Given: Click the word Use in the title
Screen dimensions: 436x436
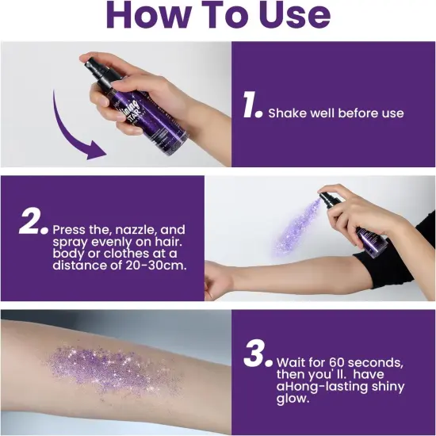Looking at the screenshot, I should click(285, 16).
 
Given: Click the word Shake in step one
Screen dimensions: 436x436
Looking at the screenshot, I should click(286, 113).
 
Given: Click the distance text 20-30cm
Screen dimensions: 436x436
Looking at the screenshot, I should click(154, 265).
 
